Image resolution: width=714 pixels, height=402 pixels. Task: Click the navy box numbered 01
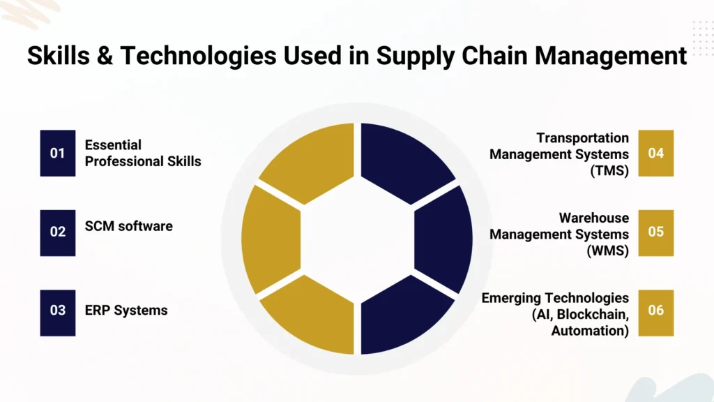[x=57, y=153]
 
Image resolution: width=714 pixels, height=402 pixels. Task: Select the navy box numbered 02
[x=57, y=232]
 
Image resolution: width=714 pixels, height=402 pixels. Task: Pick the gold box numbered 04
[x=656, y=153]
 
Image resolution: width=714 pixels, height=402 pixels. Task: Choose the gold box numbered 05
[x=656, y=232]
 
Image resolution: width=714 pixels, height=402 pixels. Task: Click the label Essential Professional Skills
[x=142, y=153]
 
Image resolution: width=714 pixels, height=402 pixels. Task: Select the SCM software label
[x=128, y=226]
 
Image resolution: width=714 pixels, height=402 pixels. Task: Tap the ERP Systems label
[x=126, y=310]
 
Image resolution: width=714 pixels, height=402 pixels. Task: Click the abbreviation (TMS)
[x=609, y=170]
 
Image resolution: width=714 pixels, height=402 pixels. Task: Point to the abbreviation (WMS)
[x=607, y=250]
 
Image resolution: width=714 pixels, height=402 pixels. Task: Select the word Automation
[x=590, y=331]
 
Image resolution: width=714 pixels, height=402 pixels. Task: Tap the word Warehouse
[x=593, y=218]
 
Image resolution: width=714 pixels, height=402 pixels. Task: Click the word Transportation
[x=582, y=138]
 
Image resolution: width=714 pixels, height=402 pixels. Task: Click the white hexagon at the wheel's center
[x=357, y=238]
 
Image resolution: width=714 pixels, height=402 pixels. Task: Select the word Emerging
[x=513, y=299]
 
